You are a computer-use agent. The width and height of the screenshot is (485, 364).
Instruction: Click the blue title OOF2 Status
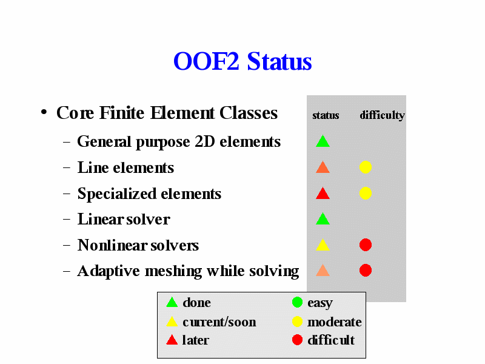click(x=242, y=61)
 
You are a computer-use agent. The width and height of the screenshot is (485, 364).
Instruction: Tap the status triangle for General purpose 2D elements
click(x=323, y=141)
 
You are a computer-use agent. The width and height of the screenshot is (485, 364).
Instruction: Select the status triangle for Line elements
click(x=323, y=167)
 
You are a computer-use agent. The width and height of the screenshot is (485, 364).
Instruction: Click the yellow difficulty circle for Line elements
click(x=366, y=167)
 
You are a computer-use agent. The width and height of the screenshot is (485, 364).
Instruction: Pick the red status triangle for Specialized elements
click(x=323, y=194)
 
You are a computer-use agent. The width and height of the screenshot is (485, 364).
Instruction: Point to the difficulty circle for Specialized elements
click(x=366, y=193)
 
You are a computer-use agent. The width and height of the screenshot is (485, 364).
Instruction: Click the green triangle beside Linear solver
click(x=323, y=219)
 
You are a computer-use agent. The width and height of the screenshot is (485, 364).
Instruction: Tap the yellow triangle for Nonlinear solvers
click(x=323, y=245)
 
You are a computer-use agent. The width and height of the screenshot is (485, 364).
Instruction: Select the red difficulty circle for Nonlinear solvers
click(x=366, y=245)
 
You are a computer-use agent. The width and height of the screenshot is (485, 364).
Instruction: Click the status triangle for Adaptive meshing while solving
click(x=323, y=271)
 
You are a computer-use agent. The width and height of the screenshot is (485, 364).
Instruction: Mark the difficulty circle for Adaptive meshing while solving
click(x=366, y=270)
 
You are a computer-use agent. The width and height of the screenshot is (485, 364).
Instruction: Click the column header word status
click(x=326, y=115)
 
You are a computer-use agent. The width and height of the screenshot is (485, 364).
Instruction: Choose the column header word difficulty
click(x=383, y=115)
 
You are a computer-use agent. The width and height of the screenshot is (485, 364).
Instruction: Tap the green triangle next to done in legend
click(x=172, y=303)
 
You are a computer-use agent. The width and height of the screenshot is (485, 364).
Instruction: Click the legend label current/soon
click(x=219, y=322)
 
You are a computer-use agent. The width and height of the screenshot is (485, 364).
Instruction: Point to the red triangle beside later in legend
click(x=172, y=340)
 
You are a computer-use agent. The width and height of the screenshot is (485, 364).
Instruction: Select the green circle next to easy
click(x=297, y=302)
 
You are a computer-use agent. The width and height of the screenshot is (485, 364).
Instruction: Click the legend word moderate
click(x=335, y=322)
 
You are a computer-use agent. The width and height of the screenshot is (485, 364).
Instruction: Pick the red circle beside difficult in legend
click(x=297, y=340)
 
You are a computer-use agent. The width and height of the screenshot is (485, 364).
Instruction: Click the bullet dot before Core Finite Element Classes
click(x=44, y=112)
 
